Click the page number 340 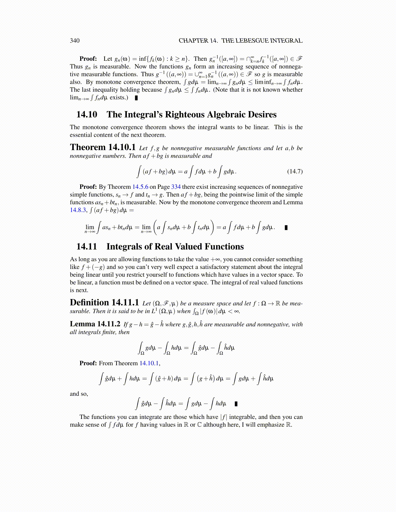(x=74, y=41)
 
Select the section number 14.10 (x=87, y=115)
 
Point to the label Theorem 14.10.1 (x=103, y=148)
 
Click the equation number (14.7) (x=295, y=171)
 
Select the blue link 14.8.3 (x=78, y=210)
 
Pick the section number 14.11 (x=87, y=247)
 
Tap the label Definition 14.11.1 (x=104, y=303)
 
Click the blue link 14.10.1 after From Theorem (x=149, y=363)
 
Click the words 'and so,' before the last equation (x=79, y=394)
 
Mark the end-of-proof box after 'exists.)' (x=136, y=98)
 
